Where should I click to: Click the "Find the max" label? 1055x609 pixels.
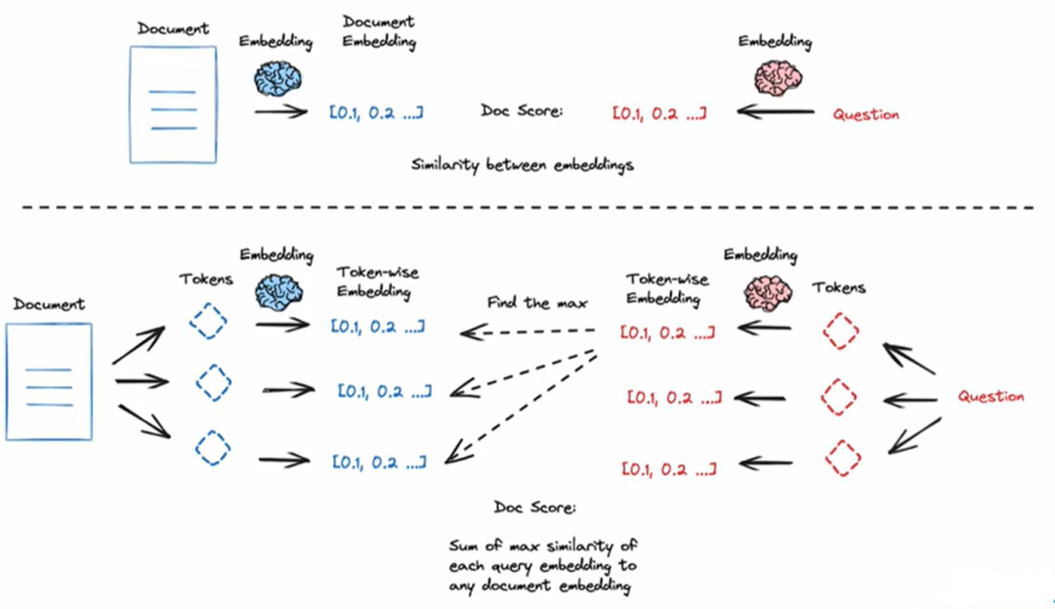point(536,303)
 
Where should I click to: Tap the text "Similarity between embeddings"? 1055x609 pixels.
point(523,165)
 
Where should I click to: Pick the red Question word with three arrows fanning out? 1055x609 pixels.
point(990,396)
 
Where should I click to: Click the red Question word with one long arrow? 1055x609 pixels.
point(865,114)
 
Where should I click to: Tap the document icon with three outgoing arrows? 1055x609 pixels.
point(49,382)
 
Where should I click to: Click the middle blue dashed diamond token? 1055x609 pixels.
point(212,382)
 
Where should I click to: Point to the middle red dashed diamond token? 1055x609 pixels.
point(836,397)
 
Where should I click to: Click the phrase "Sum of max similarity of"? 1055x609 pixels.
point(542,545)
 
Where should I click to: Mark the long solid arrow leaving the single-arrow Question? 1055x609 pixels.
point(776,113)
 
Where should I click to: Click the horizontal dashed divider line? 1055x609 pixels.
point(527,207)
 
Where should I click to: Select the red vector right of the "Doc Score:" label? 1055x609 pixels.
point(658,114)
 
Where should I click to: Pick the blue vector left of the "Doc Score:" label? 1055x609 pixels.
point(376,114)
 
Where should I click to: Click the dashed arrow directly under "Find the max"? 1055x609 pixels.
point(528,334)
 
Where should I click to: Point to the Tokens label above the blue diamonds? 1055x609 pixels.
point(206,279)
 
